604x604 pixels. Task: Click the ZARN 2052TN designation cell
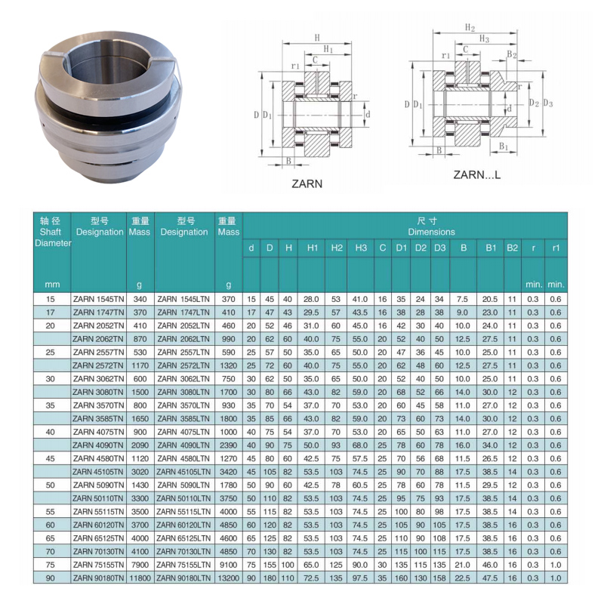(99, 326)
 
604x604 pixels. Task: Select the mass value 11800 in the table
(140, 578)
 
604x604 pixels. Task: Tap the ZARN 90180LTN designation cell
(183, 578)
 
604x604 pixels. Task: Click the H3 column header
(361, 248)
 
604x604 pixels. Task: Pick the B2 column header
(512, 248)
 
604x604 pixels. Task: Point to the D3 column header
(439, 248)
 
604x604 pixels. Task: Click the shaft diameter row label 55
(51, 512)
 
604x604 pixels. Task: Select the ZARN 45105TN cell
(99, 472)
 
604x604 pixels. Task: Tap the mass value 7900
(140, 565)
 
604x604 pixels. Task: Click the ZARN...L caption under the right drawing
(477, 175)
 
